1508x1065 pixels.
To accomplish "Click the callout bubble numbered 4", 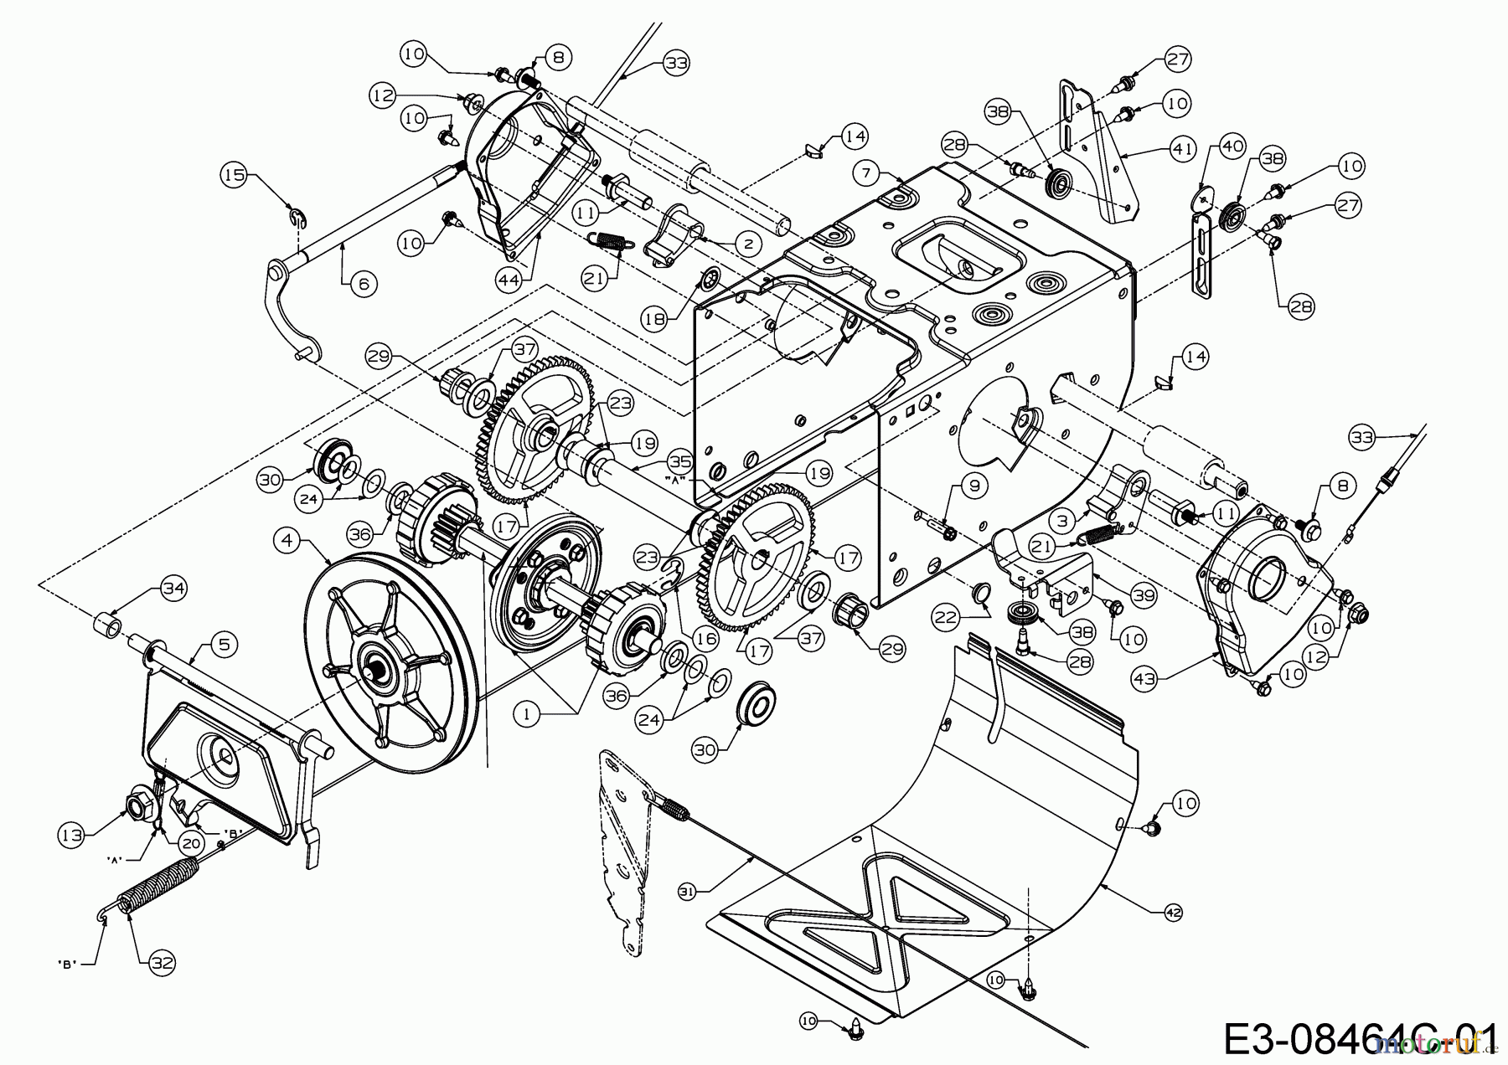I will pyautogui.click(x=288, y=541).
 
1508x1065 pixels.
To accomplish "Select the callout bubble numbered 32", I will pyautogui.click(x=162, y=963).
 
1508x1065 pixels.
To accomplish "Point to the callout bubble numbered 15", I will pyautogui.click(x=234, y=175).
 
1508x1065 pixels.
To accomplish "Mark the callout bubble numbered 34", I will pyautogui.click(x=173, y=591).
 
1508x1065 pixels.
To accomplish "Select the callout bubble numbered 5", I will pyautogui.click(x=224, y=644).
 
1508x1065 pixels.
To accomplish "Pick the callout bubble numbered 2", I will pyautogui.click(x=747, y=244).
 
